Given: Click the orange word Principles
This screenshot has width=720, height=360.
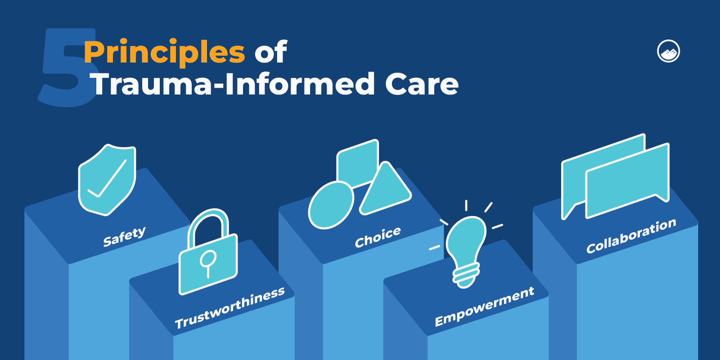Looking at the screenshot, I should point(164,53).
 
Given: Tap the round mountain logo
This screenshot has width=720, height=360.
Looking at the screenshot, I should point(668,51).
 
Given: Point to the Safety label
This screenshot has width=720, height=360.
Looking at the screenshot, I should point(124,237).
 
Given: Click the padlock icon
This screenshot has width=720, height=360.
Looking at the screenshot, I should point(208,263).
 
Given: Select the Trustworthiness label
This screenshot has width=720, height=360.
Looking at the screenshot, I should point(229,308).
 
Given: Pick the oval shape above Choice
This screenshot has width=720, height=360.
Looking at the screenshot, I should point(331,205).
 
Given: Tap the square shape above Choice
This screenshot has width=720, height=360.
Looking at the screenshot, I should point(358,162).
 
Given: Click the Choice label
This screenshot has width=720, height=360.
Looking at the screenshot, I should point(378,237).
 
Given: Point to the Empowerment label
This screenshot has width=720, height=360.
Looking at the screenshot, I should point(484,306).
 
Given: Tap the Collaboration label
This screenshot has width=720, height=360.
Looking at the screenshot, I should point(631,236).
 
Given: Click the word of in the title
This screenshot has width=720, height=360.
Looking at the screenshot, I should point(270,53).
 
